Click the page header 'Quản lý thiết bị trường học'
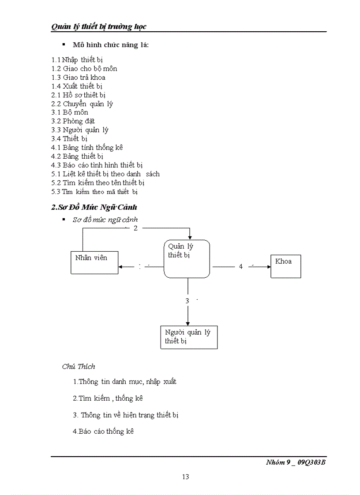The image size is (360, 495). [99, 26]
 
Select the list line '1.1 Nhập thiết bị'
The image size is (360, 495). [77, 60]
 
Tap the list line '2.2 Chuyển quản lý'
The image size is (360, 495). [82, 104]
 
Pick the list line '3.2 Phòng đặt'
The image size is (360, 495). [73, 121]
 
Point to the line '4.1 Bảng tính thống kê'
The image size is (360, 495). [87, 148]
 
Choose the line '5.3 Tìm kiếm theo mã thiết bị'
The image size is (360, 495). [94, 192]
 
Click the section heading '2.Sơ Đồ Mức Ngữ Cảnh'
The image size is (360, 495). [94, 207]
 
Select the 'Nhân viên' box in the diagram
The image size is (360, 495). [94, 262]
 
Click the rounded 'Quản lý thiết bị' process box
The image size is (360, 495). [187, 259]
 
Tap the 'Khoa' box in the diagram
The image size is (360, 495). [285, 265]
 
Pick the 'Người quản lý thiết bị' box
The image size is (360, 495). [189, 337]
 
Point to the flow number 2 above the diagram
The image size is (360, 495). [135, 228]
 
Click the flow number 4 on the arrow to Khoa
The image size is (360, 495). [241, 267]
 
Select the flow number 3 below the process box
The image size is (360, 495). [187, 301]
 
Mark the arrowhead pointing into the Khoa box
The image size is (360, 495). [268, 267]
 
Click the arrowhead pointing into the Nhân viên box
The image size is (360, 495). [121, 267]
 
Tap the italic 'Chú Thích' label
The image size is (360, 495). [79, 366]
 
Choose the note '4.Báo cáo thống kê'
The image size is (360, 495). [103, 432]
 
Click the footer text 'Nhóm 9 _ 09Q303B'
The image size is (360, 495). [296, 462]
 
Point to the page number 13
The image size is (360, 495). [185, 476]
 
